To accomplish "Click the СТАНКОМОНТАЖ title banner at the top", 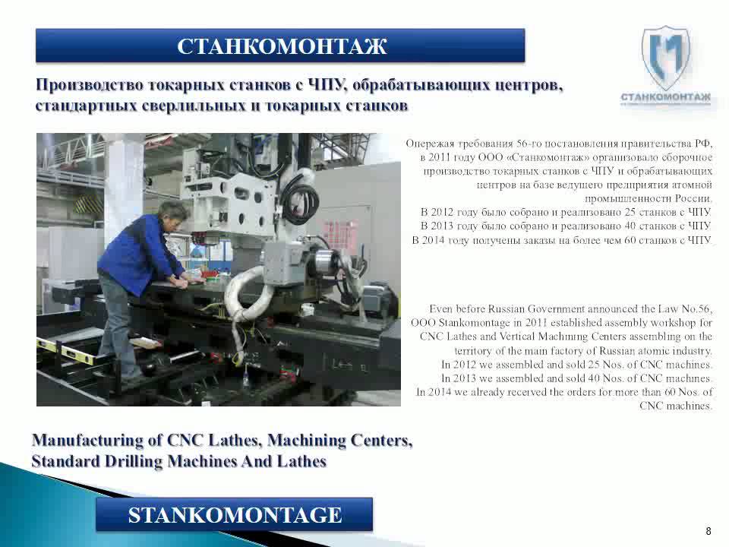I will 281,46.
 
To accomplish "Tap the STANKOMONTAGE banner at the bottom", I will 235,515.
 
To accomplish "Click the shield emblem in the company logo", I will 665,57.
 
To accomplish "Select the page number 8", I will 708,530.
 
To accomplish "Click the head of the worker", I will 174,213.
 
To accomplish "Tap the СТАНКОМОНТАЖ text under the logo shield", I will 665,97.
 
